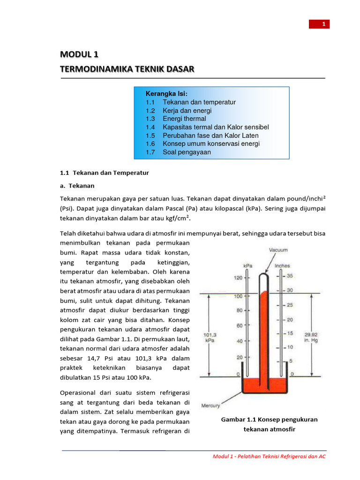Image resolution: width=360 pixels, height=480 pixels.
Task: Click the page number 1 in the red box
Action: (323, 24)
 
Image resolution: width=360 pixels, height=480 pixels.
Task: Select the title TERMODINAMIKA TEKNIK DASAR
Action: (127, 69)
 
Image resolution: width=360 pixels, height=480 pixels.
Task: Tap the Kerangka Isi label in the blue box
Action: (166, 94)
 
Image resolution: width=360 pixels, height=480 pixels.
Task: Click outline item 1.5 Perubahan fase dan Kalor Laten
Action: (202, 135)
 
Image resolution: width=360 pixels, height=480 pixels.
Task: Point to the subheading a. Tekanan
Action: (77, 186)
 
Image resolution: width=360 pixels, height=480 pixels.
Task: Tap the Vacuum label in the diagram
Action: (278, 250)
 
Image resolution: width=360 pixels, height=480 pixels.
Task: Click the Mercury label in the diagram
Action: (210, 405)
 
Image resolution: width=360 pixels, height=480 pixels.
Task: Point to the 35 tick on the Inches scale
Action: (290, 276)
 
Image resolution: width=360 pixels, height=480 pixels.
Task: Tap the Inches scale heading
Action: (282, 265)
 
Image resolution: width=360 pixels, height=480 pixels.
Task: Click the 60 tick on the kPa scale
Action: (239, 325)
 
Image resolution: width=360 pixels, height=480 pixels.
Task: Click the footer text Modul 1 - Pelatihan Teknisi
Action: (269, 456)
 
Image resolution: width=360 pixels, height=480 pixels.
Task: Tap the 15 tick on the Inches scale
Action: (290, 333)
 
